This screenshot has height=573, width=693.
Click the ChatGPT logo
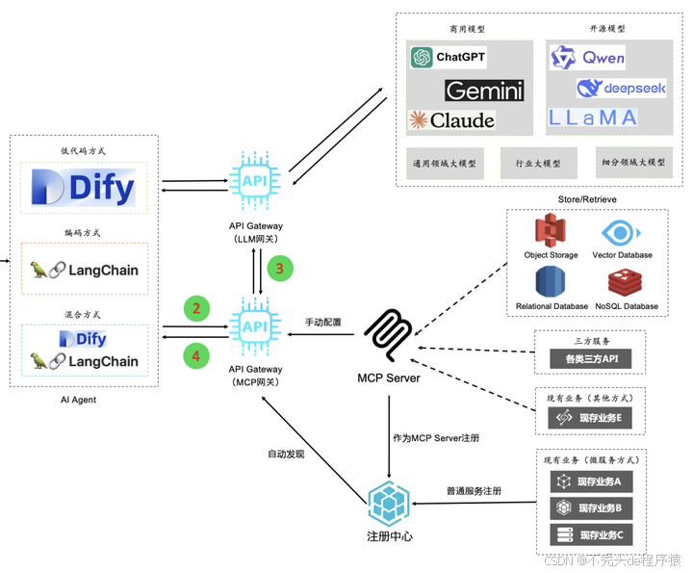[448, 58]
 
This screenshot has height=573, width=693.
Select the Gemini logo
[484, 91]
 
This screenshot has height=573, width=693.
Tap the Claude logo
[452, 120]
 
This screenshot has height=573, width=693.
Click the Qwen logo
[588, 58]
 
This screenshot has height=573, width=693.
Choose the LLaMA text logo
[594, 117]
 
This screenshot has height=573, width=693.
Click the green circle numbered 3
[279, 269]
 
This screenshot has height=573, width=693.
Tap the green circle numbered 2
[196, 308]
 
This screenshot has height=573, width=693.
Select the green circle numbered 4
[196, 355]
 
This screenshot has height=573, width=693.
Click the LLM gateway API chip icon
[255, 180]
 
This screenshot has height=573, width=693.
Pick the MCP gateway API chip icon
[255, 327]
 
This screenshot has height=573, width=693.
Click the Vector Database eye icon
[622, 233]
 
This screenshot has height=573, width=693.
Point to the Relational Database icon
[550, 283]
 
